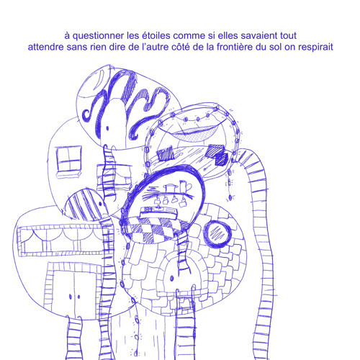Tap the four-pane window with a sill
[69, 161]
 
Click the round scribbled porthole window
[217, 234]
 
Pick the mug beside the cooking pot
[185, 186]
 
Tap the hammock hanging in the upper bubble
[195, 132]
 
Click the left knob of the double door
[71, 297]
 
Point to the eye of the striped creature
[100, 204]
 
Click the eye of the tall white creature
[107, 128]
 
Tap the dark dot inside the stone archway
[172, 279]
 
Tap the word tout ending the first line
[288, 36]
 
